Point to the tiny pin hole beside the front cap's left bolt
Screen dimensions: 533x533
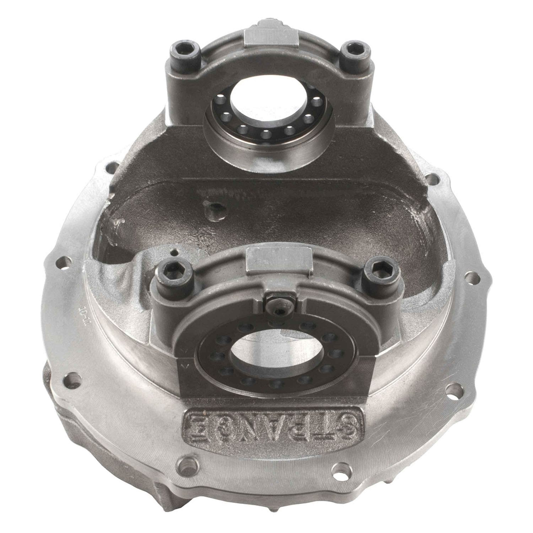click(x=173, y=253)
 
